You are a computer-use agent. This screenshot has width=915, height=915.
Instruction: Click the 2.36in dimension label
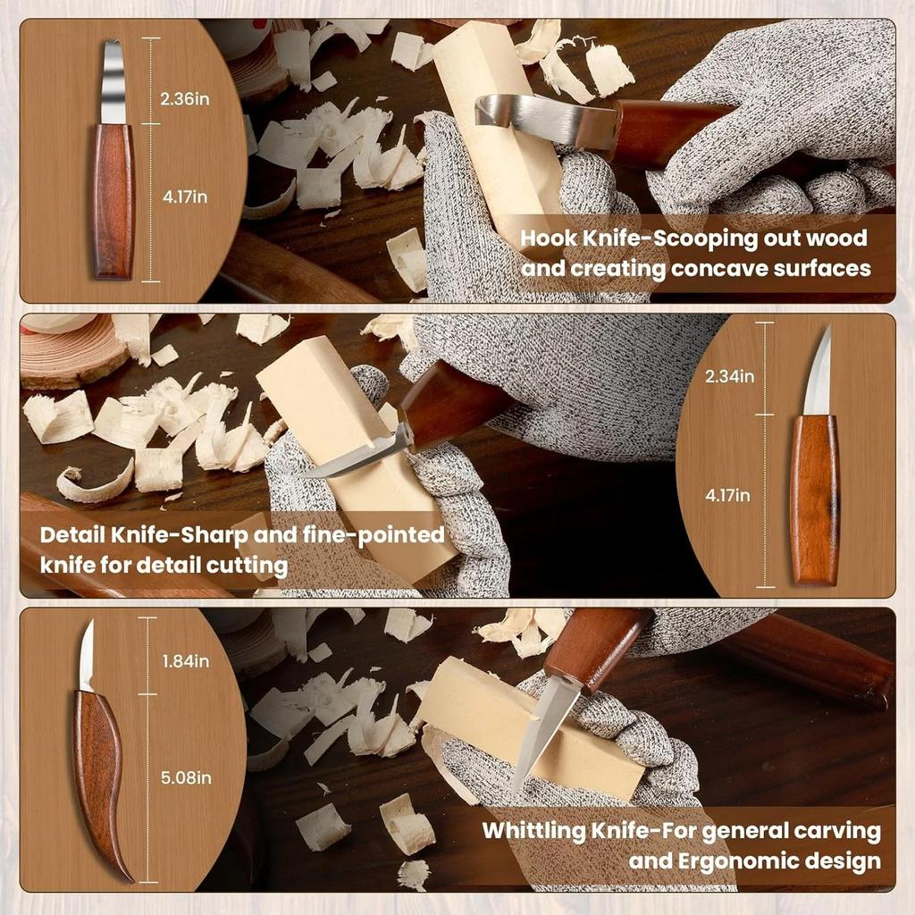185,98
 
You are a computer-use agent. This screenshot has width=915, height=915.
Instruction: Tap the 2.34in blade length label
729,376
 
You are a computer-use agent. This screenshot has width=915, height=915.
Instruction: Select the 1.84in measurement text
186,661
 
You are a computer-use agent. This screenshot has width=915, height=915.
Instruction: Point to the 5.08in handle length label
186,778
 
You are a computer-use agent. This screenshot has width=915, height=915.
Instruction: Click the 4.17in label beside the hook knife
185,197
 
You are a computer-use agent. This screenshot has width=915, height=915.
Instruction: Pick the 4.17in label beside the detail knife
727,495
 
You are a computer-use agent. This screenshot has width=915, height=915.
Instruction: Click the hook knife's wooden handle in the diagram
113,201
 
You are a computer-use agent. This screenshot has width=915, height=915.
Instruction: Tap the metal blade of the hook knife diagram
113,81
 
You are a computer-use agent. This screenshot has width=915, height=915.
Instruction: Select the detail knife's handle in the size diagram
815,500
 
